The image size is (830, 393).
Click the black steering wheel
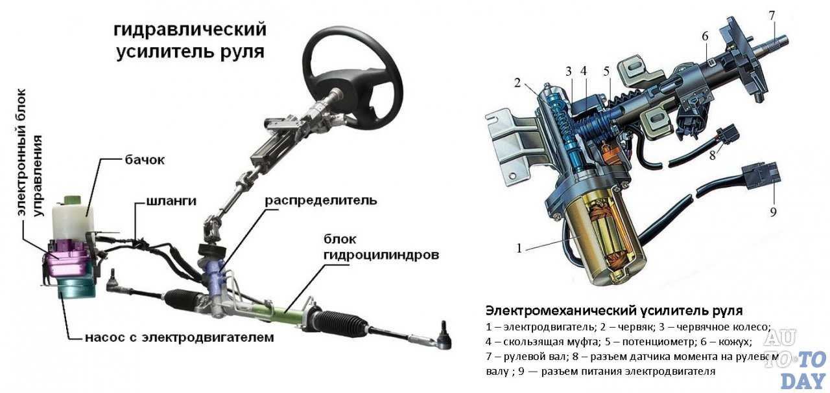pos(353,71)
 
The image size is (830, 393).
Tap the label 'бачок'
pos(143,160)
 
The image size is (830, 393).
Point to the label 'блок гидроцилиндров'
pos(381,247)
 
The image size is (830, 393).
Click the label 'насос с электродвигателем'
pos(179,337)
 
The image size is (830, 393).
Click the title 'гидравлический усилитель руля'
pos(190,40)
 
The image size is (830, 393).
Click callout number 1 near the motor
pos(519,247)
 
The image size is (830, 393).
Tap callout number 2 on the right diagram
pos(517,82)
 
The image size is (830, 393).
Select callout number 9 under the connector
pos(773,211)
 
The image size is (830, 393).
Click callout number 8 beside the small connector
pos(711,155)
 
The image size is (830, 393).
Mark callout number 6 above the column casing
pos(705,37)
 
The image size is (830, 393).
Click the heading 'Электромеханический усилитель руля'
pos(613,310)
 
